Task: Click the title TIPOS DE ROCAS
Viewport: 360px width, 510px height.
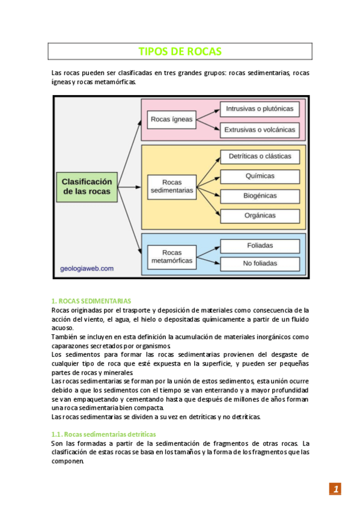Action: pos(180,52)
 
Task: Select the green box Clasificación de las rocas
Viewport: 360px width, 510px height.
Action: pos(87,186)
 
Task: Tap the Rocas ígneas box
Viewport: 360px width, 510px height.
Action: pos(172,119)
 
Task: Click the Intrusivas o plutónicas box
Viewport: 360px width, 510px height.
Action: pos(260,109)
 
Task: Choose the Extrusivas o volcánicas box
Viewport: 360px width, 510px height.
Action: pos(260,129)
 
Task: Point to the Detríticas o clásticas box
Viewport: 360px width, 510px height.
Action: pos(260,156)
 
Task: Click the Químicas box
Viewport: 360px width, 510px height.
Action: pos(260,176)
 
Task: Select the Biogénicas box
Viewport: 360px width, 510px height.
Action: pos(260,195)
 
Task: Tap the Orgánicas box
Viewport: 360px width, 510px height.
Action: pos(260,215)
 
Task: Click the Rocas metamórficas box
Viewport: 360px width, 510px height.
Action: pos(172,257)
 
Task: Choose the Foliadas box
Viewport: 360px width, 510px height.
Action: pos(260,245)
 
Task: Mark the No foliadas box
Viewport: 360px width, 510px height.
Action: pos(260,263)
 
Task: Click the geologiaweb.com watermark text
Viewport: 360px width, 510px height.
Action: pos(87,269)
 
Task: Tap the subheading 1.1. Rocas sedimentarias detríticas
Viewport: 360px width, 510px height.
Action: pos(104,434)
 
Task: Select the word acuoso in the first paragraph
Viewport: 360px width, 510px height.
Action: pos(63,328)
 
